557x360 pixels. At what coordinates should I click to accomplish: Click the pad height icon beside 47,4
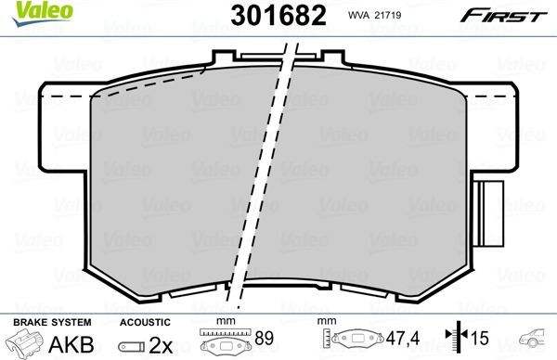click(x=357, y=341)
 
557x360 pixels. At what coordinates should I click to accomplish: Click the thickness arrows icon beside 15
click(x=454, y=341)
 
